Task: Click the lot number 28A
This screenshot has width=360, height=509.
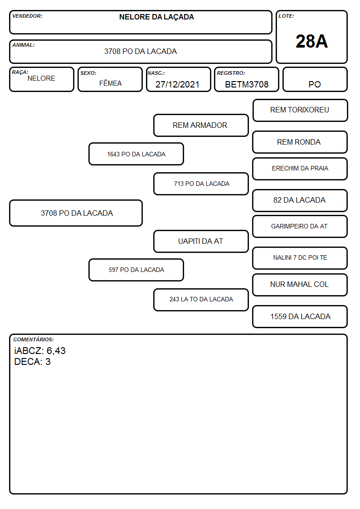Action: [311, 41]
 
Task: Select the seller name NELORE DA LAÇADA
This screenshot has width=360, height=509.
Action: [156, 17]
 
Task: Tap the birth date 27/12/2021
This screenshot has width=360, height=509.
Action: [177, 84]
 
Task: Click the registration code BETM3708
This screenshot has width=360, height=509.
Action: [247, 84]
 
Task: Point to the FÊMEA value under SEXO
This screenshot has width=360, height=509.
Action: [110, 83]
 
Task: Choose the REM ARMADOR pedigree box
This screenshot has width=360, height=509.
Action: [201, 125]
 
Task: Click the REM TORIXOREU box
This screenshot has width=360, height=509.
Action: [300, 111]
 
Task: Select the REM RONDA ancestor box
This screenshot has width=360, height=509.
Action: [300, 142]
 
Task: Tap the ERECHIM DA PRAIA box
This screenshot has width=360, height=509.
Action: [300, 169]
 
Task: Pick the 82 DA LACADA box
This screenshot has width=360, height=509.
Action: [300, 200]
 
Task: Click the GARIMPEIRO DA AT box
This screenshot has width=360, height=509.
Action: [300, 226]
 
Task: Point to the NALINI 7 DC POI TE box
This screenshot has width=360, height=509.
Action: [300, 258]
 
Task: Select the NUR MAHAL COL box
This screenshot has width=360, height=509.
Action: [300, 285]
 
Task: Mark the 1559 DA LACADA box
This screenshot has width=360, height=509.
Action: [300, 316]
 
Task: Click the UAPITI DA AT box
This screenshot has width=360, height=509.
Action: [201, 241]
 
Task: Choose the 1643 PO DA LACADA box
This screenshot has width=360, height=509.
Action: [136, 154]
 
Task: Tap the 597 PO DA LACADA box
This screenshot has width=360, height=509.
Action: [136, 270]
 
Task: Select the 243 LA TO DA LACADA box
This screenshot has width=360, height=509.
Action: [201, 300]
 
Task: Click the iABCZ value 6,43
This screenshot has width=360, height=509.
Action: [56, 351]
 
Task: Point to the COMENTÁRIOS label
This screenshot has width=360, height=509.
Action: [34, 339]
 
